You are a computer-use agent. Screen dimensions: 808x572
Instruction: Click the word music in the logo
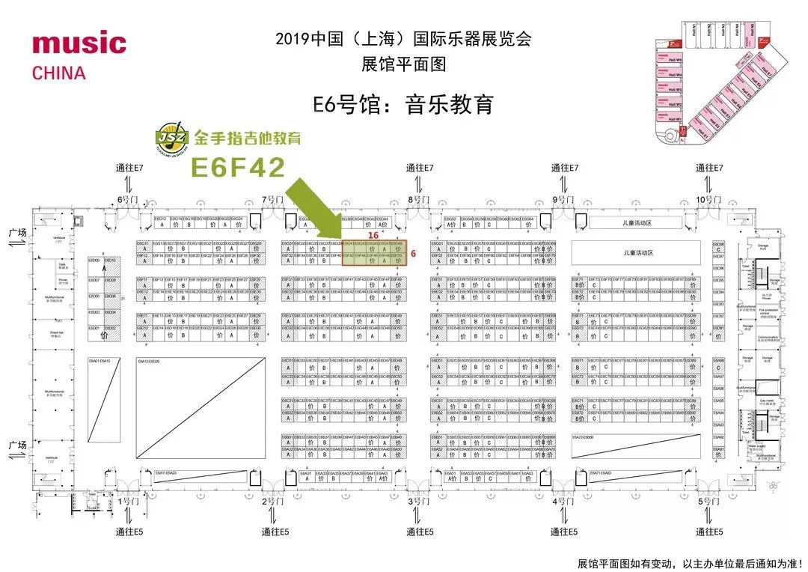coord(79,43)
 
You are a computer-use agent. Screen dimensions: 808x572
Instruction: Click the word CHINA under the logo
coord(59,73)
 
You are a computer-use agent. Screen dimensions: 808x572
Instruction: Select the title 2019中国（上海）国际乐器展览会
coord(403,39)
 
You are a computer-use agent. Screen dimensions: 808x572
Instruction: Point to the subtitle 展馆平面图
coord(403,64)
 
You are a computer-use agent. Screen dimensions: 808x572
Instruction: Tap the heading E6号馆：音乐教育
coord(403,104)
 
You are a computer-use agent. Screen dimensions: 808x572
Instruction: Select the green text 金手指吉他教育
coord(236,139)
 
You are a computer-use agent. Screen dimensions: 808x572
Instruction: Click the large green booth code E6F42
coord(238,167)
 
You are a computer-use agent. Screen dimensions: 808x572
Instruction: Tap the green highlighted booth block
coord(374,253)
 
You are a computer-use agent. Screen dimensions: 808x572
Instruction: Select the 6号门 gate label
coord(128,199)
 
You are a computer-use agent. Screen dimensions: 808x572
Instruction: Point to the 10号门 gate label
coord(708,199)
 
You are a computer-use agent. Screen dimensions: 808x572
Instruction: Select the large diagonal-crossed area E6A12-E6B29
coord(201,408)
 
